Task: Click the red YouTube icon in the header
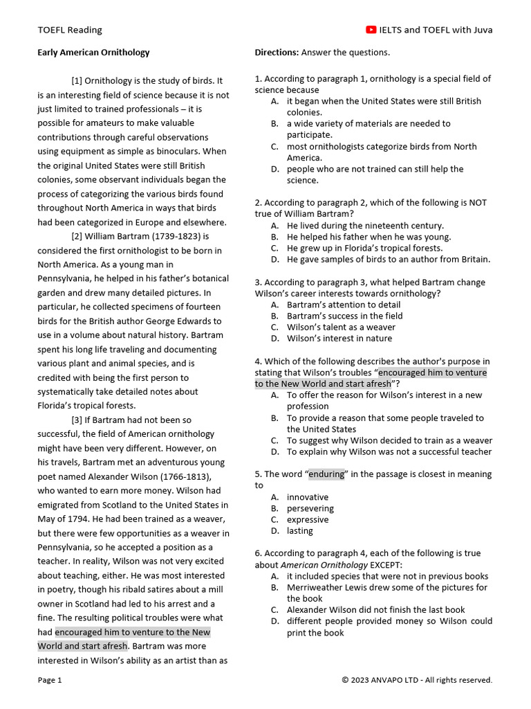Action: click(x=371, y=30)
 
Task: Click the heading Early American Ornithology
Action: click(x=93, y=53)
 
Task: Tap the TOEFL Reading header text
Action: click(x=69, y=30)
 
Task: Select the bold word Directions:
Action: click(x=277, y=53)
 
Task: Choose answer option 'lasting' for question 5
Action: click(x=299, y=531)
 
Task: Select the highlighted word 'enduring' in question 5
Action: click(x=326, y=474)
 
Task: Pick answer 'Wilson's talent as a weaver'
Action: click(x=341, y=327)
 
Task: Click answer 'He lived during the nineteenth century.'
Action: click(x=365, y=226)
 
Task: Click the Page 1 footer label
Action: click(x=50, y=681)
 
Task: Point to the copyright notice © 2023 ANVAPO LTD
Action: click(x=417, y=681)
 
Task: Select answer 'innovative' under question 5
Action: click(x=308, y=497)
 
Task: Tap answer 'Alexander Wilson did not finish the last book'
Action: click(x=375, y=610)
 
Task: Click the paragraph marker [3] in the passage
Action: click(x=77, y=420)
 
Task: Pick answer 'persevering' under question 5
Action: click(x=310, y=508)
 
